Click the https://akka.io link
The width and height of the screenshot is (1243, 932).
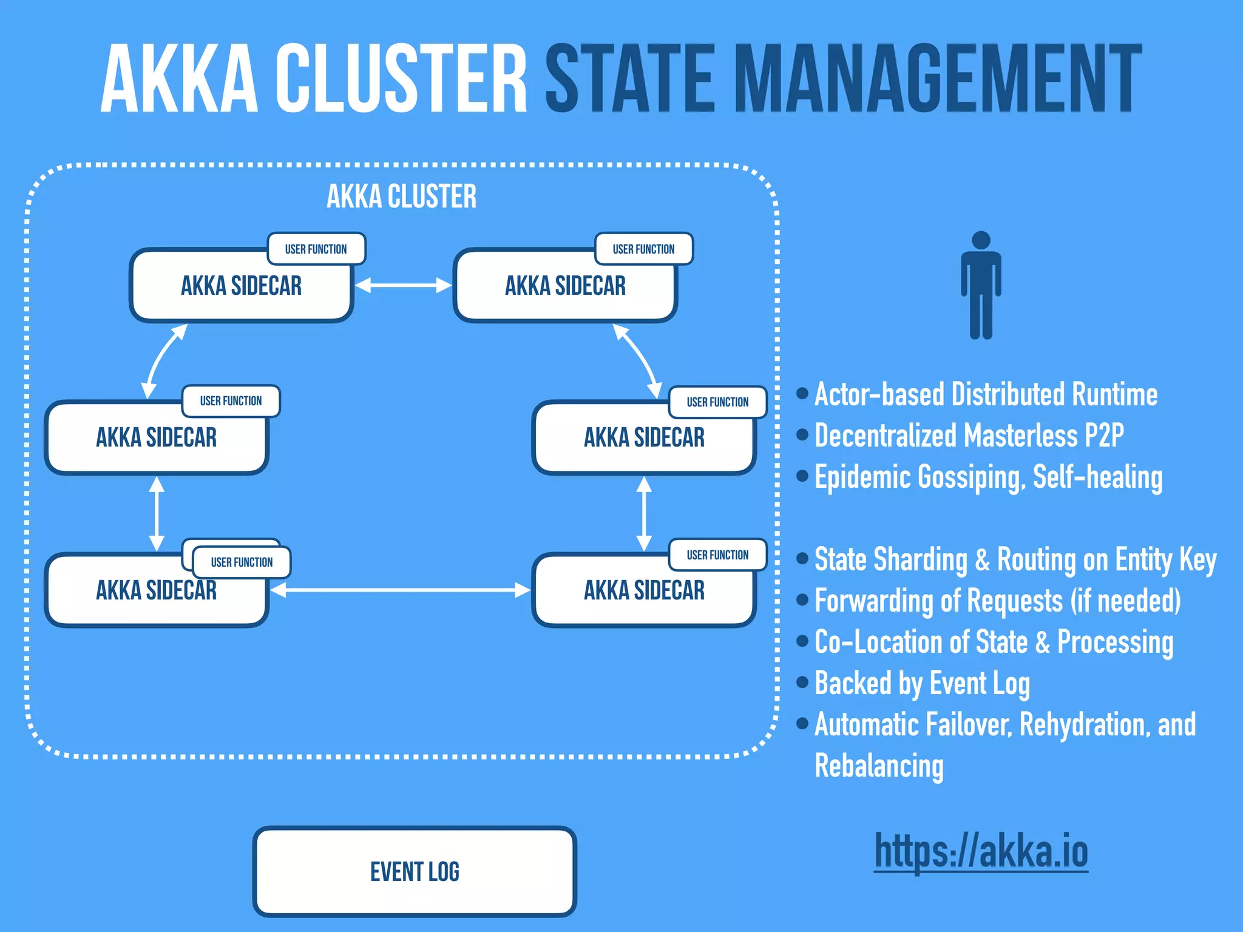pyautogui.click(x=981, y=851)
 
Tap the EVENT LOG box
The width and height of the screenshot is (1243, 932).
pyautogui.click(x=415, y=871)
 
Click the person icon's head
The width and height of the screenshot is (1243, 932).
pyautogui.click(x=981, y=240)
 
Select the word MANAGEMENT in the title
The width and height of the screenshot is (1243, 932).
pyautogui.click(x=938, y=79)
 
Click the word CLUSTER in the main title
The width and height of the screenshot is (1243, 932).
pyautogui.click(x=401, y=79)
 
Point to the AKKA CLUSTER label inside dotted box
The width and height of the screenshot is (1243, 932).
pyautogui.click(x=401, y=197)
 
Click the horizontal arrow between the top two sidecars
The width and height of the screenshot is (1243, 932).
pyautogui.click(x=403, y=285)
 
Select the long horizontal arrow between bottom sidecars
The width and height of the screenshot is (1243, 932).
pyautogui.click(x=401, y=590)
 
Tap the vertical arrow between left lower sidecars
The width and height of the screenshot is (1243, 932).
pyautogui.click(x=157, y=513)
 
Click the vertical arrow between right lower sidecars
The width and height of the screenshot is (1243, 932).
pyautogui.click(x=644, y=513)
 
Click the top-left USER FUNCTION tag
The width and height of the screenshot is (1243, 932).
pyautogui.click(x=316, y=249)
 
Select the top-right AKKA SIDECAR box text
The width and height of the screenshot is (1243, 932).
pyautogui.click(x=565, y=286)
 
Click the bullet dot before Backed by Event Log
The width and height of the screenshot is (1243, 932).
pyautogui.click(x=802, y=683)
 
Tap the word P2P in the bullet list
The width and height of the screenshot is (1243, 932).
pyautogui.click(x=1104, y=436)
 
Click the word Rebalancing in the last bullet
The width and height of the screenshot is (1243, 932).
pyautogui.click(x=879, y=766)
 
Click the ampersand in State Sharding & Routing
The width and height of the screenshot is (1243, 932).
pyautogui.click(x=982, y=559)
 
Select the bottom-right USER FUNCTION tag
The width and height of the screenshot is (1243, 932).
pyautogui.click(x=717, y=555)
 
